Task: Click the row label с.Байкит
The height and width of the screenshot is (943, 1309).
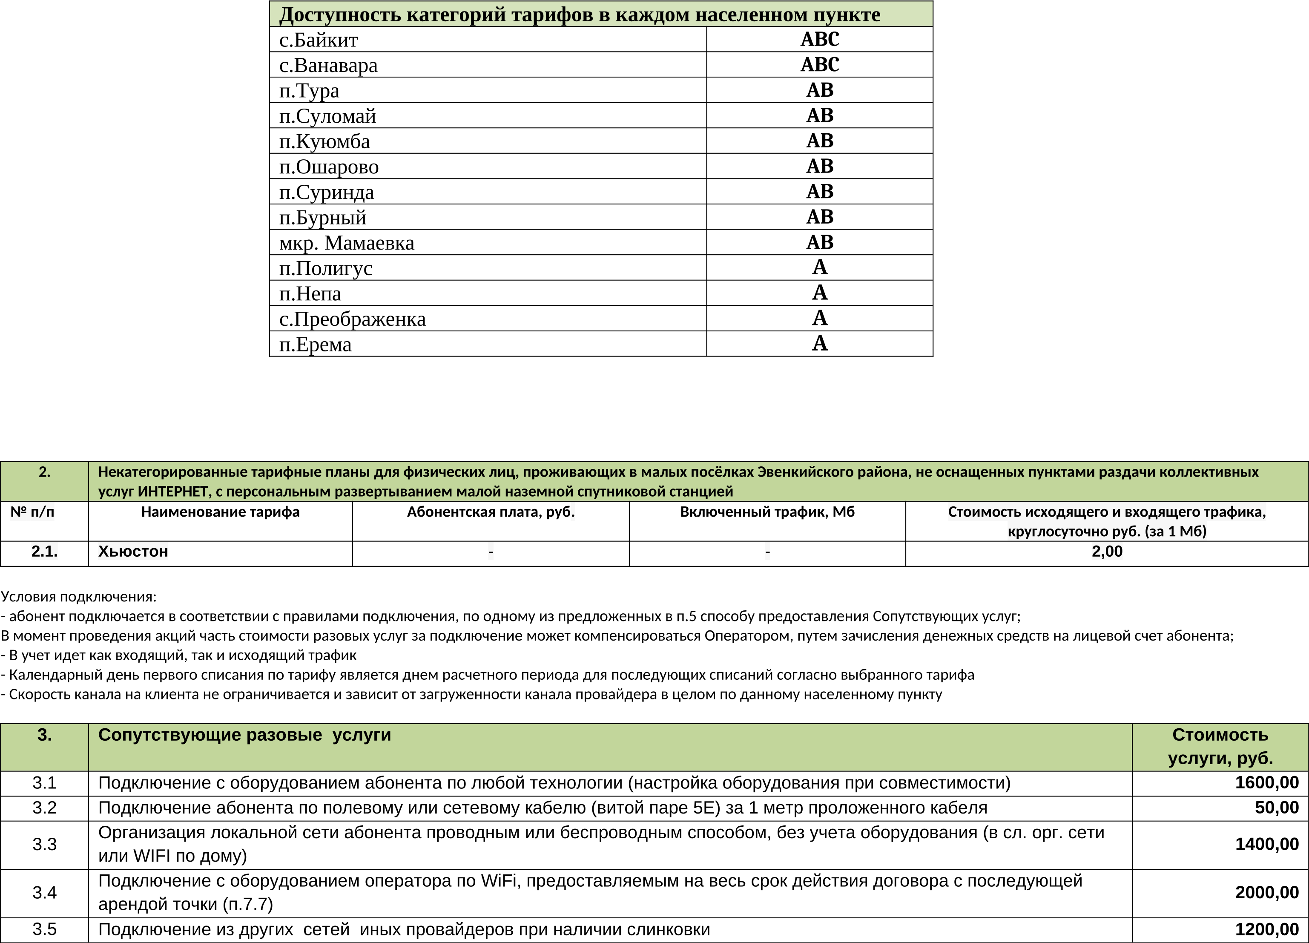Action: [319, 40]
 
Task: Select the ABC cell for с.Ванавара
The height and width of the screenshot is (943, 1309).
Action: [820, 65]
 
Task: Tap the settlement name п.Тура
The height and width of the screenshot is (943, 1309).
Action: [309, 91]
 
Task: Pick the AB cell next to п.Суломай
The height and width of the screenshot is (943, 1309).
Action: [820, 115]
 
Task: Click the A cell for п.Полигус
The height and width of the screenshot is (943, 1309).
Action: [820, 267]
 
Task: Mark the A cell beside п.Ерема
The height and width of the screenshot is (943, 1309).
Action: [820, 344]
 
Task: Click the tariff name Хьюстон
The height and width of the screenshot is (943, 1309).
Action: [133, 552]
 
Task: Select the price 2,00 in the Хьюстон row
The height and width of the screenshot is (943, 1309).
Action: [1107, 552]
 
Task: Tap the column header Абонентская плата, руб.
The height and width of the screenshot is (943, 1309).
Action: [491, 512]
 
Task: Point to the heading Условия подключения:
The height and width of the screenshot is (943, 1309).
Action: [78, 597]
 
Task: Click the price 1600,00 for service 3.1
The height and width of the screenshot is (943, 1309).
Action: [1267, 783]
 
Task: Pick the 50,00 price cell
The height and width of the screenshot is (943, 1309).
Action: [1277, 808]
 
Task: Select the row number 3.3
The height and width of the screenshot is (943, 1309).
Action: [44, 844]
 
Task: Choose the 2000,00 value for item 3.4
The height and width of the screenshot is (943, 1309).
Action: [1267, 893]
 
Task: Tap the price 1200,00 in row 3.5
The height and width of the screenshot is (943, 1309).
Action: [1267, 930]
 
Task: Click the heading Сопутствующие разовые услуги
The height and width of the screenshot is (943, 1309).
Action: [245, 735]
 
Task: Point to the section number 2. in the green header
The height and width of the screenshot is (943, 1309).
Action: [44, 472]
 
